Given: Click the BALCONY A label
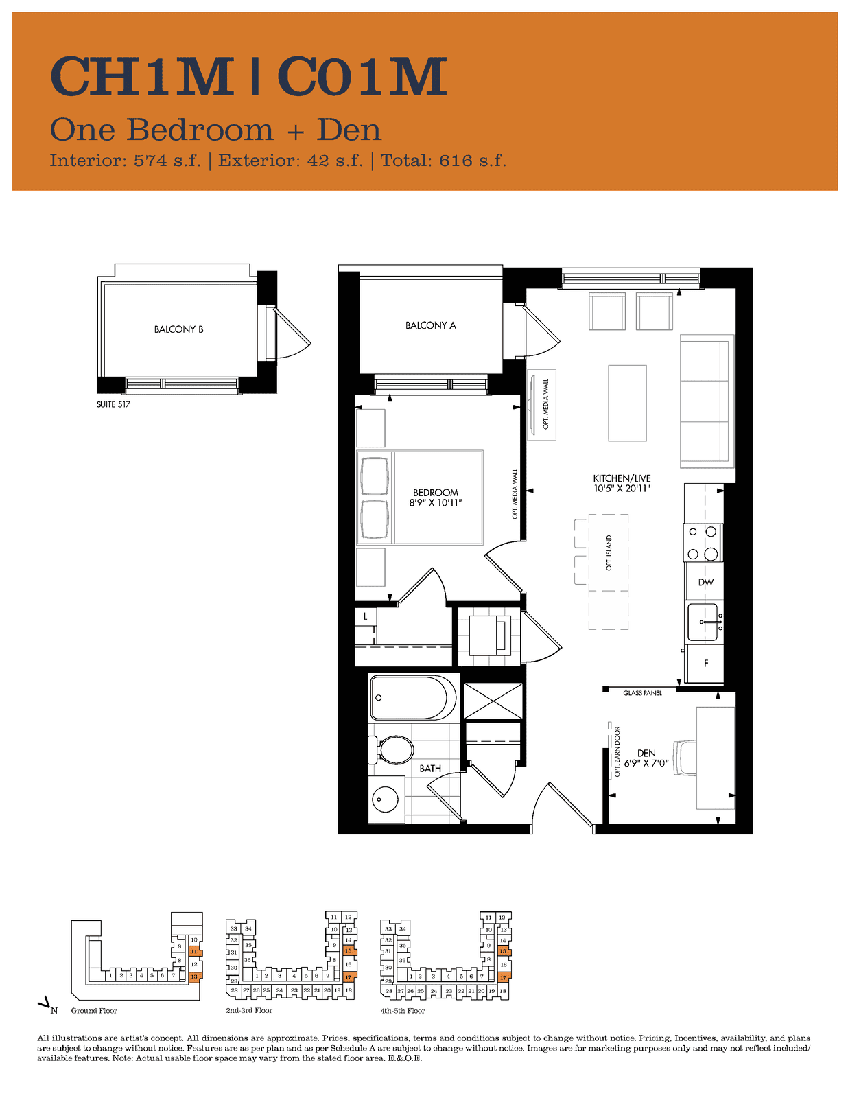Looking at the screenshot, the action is point(430,325).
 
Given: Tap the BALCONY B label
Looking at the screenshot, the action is point(179,329).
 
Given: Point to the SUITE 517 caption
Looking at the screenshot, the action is point(113,404).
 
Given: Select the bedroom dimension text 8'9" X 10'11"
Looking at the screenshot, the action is point(436,503).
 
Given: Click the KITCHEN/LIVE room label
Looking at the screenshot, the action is point(622,478).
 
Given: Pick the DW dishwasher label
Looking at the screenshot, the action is point(705,582).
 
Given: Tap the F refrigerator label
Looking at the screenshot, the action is point(705,664).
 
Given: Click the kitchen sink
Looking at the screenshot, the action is point(704,622).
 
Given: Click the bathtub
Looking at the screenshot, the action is point(413,698).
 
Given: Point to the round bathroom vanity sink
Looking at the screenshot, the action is point(385,799).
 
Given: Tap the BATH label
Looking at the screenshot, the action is point(430,769).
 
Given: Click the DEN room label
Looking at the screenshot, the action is point(646,754).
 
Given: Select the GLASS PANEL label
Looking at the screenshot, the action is point(642,692).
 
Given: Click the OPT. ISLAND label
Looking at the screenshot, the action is point(609,553).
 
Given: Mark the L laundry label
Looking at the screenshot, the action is point(365,616).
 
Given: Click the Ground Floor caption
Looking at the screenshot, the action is point(94,1011).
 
